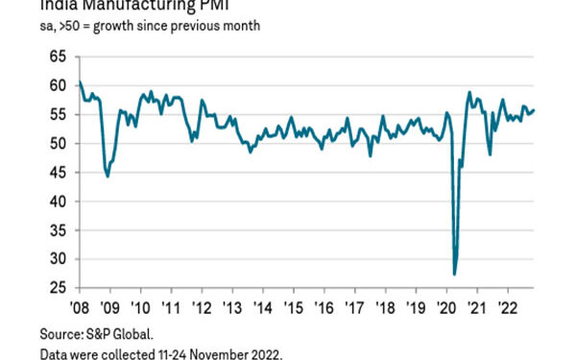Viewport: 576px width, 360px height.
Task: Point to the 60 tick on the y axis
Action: pyautogui.click(x=57, y=85)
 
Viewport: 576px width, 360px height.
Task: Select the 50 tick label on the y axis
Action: pyautogui.click(x=57, y=144)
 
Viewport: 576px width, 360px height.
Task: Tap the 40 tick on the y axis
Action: pyautogui.click(x=57, y=202)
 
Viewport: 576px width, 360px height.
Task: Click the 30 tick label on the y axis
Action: pyautogui.click(x=57, y=259)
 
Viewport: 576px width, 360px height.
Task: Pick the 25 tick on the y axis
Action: pyautogui.click(x=57, y=288)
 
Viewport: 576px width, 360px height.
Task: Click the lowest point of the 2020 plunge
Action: pyautogui.click(x=454, y=275)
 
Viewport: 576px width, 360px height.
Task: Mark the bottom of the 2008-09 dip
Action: pyautogui.click(x=108, y=176)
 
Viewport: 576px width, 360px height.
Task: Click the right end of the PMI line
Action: pyautogui.click(x=535, y=109)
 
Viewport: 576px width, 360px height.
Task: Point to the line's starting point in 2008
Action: pyautogui.click(x=80, y=83)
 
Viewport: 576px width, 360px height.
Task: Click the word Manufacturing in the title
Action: pyautogui.click(x=150, y=7)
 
